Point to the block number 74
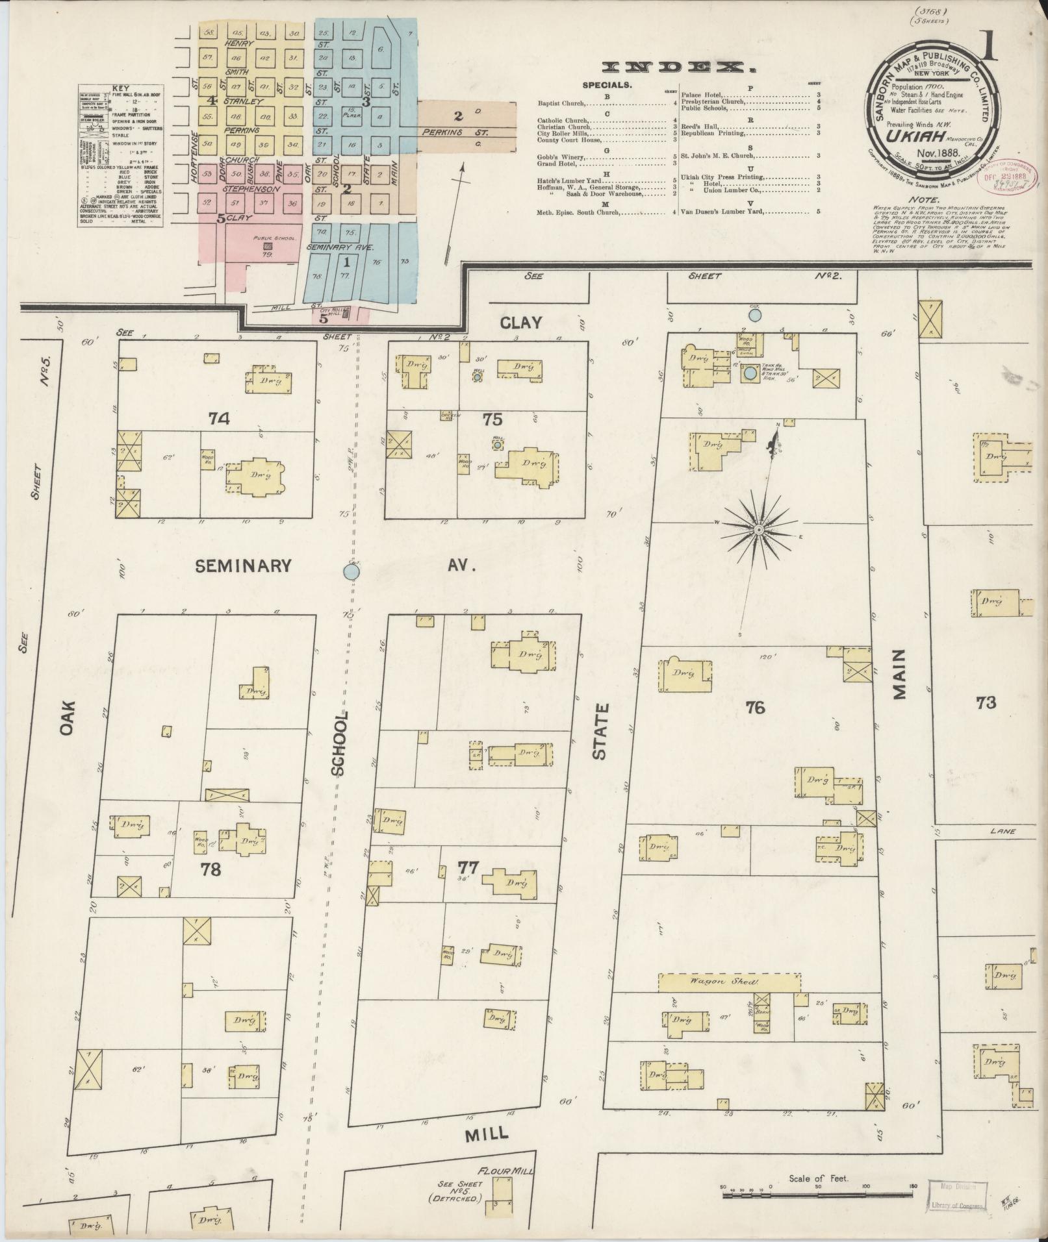tap(219, 419)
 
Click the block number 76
tap(756, 708)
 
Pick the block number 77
tap(468, 867)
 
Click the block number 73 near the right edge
tap(986, 702)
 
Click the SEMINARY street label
tap(244, 566)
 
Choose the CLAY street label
tap(521, 322)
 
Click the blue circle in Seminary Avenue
tap(351, 571)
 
